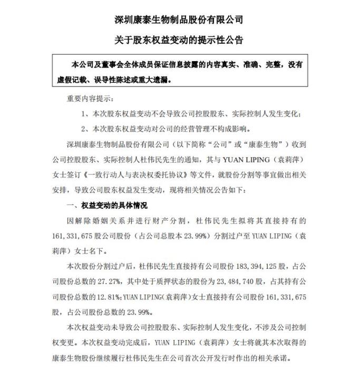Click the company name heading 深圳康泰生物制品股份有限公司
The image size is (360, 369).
pos(179,20)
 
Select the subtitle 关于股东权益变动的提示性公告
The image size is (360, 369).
pos(179,40)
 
